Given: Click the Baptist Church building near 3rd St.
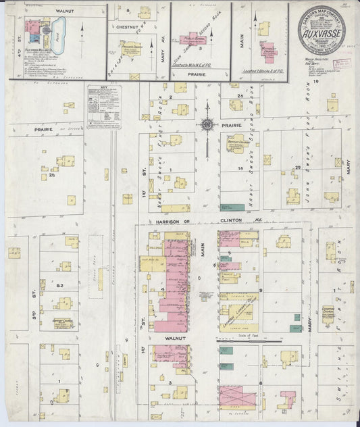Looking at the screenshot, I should tap(62, 324).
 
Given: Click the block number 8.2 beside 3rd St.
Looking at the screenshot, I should tap(59, 286).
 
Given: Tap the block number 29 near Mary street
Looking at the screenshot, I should tap(297, 168).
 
